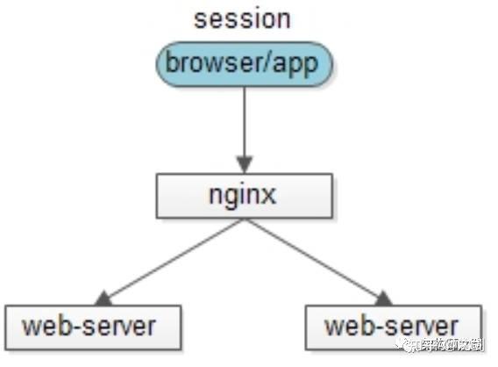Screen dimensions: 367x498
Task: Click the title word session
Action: click(x=243, y=19)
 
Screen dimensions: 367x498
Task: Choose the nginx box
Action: click(x=244, y=196)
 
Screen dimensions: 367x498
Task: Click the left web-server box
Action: click(x=92, y=327)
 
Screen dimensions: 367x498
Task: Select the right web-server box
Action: click(x=394, y=327)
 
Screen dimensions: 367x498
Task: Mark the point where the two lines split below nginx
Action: click(x=244, y=219)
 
